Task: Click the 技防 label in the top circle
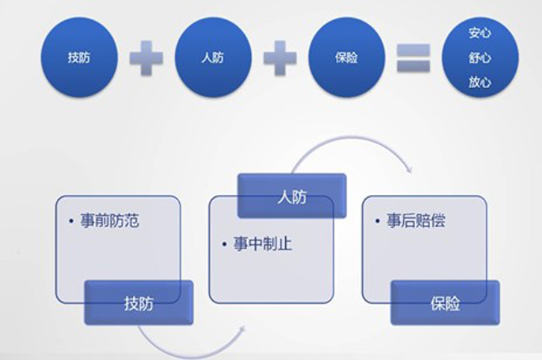(x=79, y=58)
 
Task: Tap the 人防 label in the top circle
(x=213, y=58)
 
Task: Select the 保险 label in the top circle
(x=346, y=58)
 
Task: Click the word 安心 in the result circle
(x=480, y=33)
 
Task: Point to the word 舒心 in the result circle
(x=480, y=58)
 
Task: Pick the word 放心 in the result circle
(x=480, y=82)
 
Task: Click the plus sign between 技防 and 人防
(x=146, y=58)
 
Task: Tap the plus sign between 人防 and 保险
(x=280, y=58)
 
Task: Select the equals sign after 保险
(x=414, y=58)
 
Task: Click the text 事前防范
(x=110, y=220)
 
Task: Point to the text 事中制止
(x=263, y=243)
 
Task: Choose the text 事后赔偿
(x=416, y=220)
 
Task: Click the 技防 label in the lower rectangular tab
(x=139, y=303)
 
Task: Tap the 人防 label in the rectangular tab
(x=292, y=197)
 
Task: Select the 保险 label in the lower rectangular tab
(x=445, y=303)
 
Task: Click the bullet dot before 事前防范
(x=71, y=221)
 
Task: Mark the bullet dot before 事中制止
(x=224, y=244)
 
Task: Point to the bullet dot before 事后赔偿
(x=378, y=221)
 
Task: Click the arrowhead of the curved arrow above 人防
(x=410, y=170)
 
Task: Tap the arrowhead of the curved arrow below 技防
(x=243, y=329)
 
